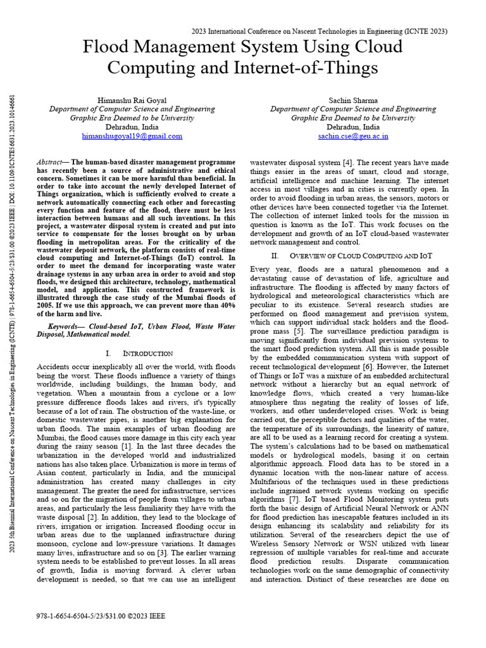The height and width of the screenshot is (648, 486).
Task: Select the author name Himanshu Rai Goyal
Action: click(x=132, y=101)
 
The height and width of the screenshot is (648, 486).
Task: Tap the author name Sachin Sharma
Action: click(x=353, y=101)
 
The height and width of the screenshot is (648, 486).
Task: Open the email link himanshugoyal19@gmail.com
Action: click(x=132, y=136)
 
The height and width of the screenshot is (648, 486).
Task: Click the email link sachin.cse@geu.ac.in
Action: click(x=353, y=136)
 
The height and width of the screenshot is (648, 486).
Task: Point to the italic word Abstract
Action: click(x=51, y=163)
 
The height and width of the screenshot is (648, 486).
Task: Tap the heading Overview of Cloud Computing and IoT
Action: click(x=361, y=256)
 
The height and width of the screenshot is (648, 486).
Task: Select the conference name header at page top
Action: click(x=319, y=31)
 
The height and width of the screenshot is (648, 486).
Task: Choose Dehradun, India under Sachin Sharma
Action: click(x=353, y=127)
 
